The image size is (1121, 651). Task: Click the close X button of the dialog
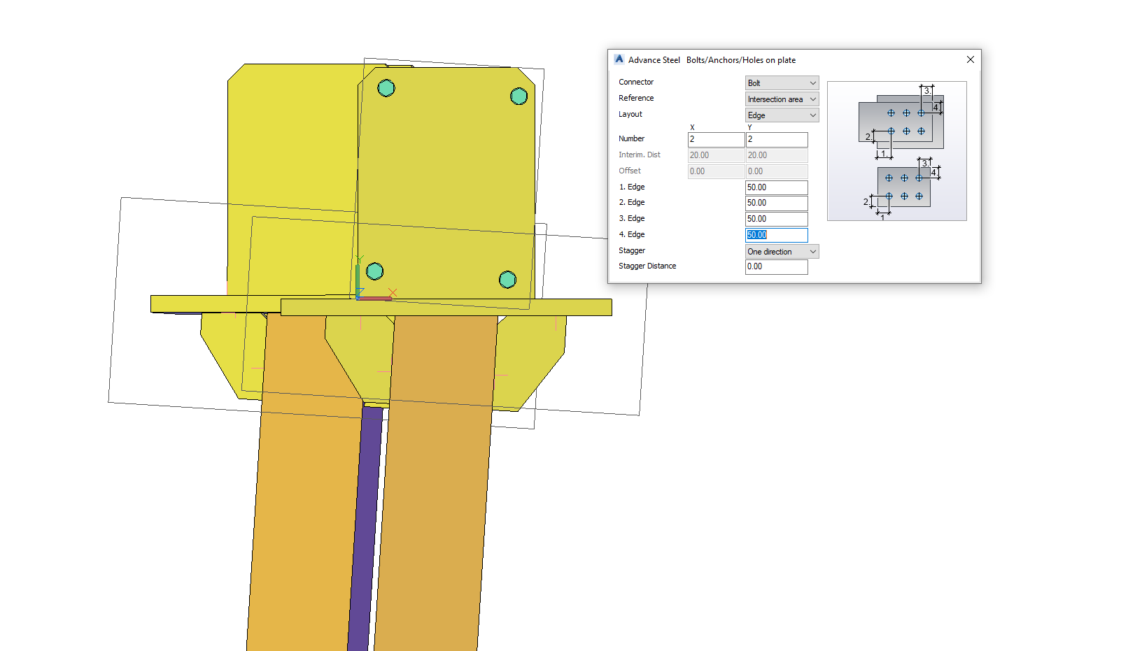pos(970,59)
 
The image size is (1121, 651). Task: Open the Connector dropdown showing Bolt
pos(782,83)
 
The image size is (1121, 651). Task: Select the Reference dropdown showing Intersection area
pos(782,99)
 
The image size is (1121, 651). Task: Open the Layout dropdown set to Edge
pos(782,115)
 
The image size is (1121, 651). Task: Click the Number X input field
pos(716,139)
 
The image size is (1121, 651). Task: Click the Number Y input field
pos(777,139)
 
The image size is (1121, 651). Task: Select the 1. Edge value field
pos(776,187)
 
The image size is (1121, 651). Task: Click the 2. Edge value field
pos(776,203)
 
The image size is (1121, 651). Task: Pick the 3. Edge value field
pos(776,219)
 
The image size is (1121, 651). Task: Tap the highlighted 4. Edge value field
pos(776,235)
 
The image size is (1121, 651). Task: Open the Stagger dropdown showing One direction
pos(782,252)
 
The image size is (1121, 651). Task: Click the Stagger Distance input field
pos(776,266)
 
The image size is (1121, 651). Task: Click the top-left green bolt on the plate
pos(386,88)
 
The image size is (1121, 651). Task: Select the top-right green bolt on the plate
pos(519,96)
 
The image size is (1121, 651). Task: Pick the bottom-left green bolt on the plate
pos(375,271)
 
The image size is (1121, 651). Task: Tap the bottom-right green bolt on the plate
pos(507,280)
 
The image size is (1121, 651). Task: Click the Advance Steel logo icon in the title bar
pos(619,59)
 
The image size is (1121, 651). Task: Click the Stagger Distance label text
pos(647,266)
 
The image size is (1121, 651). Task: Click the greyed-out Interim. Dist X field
pos(716,155)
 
